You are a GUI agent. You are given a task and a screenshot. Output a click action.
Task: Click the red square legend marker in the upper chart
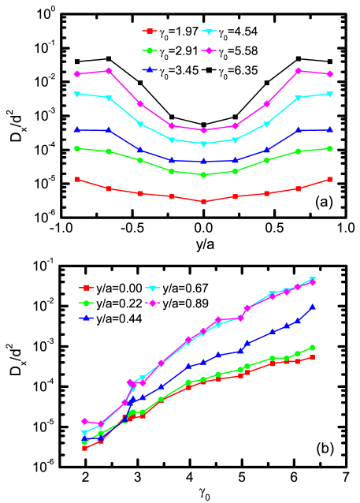click(146, 32)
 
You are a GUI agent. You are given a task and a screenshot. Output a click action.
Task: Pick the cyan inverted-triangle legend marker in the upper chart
click(209, 32)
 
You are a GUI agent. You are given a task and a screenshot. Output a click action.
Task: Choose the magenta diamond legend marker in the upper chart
click(209, 50)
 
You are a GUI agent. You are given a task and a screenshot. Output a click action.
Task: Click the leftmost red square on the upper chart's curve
click(77, 180)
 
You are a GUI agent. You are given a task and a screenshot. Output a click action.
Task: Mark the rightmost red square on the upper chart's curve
click(329, 180)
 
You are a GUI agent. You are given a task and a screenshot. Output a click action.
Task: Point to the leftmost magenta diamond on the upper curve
click(77, 74)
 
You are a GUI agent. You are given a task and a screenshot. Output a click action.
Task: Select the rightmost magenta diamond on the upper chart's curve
click(329, 74)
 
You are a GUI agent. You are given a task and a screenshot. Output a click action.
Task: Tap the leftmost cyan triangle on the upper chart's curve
click(77, 94)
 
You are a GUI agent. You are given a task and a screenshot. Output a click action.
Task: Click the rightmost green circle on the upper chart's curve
click(329, 148)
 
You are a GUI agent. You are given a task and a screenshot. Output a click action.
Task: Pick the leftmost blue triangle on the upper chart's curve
click(77, 129)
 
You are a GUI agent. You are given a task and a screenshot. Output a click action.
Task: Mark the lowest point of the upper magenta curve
click(203, 130)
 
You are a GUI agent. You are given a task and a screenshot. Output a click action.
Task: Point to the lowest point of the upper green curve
click(203, 175)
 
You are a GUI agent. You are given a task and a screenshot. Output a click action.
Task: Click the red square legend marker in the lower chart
click(87, 288)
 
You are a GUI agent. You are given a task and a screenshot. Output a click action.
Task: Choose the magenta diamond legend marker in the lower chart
click(151, 303)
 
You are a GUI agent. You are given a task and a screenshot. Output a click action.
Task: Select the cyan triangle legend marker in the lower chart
click(151, 288)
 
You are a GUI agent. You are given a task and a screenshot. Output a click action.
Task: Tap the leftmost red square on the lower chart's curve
click(84, 448)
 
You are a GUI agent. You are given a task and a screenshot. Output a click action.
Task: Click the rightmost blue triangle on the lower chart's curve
click(313, 307)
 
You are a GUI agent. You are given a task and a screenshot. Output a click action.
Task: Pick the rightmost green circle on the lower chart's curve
click(313, 347)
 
